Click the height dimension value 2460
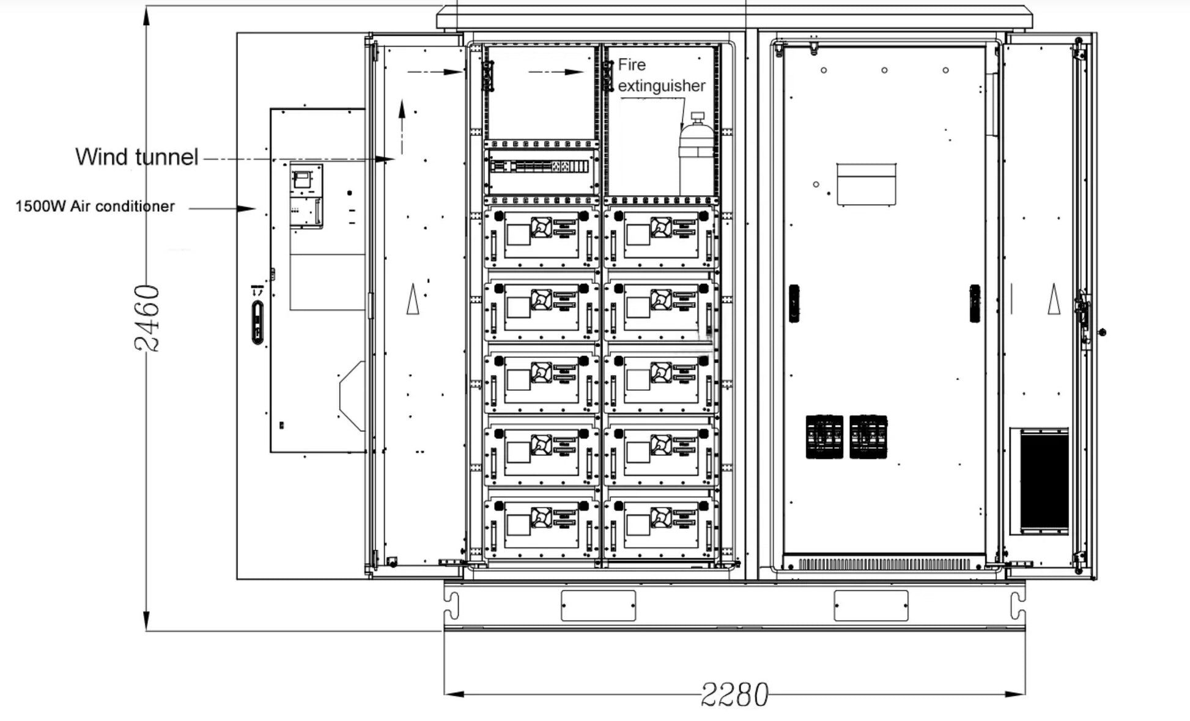(x=147, y=318)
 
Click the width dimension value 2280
(x=734, y=694)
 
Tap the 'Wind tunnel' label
(x=137, y=157)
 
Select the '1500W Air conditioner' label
(x=95, y=206)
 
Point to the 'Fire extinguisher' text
(x=662, y=75)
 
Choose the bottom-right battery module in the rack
(x=660, y=528)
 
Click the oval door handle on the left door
(x=258, y=322)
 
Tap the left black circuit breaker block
(x=824, y=437)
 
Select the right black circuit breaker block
(x=868, y=437)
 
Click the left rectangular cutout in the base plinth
(x=598, y=605)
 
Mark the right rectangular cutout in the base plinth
(x=871, y=605)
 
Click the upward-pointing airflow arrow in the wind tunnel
(x=402, y=127)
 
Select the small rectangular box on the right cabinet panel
(x=866, y=184)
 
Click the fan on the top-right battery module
(x=661, y=227)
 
